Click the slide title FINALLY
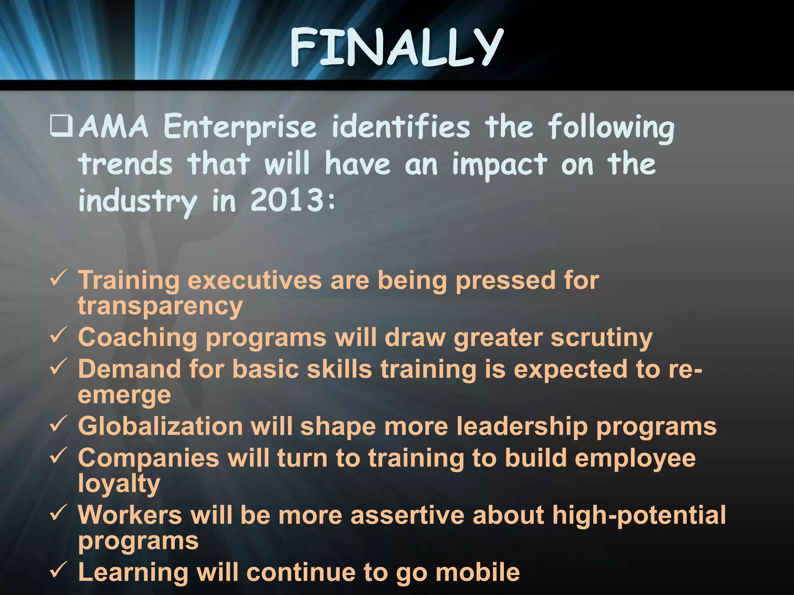(396, 48)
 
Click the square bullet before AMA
(61, 127)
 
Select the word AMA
(114, 127)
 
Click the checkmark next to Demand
(59, 367)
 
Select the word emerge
(124, 395)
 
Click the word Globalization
(160, 426)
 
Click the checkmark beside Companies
(59, 456)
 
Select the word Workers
(130, 515)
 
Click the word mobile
(478, 572)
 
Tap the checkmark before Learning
(59, 570)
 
